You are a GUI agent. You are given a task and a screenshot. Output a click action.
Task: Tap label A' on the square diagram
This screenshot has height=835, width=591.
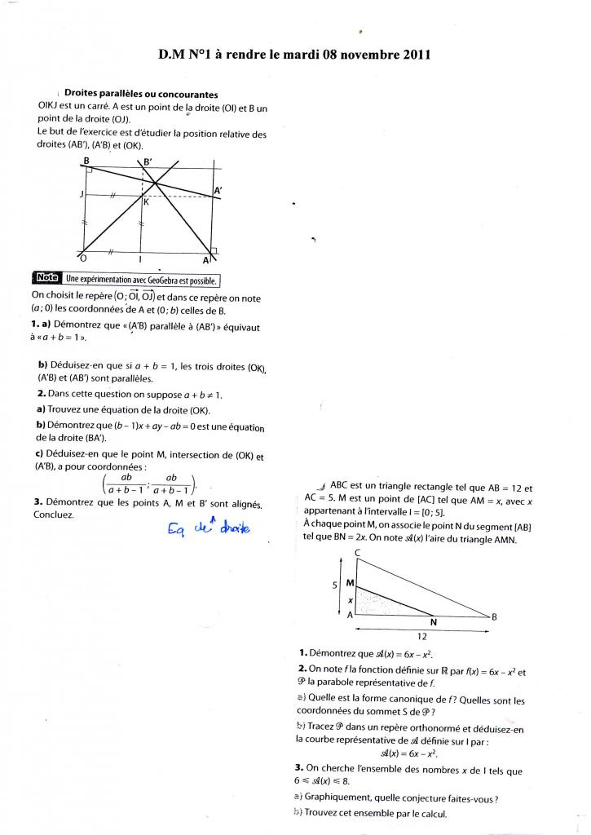pyautogui.click(x=218, y=191)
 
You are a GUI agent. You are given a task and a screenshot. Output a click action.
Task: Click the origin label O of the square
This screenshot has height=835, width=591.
pyautogui.click(x=85, y=258)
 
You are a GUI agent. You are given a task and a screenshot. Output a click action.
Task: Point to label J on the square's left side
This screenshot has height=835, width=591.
pyautogui.click(x=82, y=194)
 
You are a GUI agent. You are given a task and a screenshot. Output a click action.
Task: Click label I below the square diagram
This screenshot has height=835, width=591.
pyautogui.click(x=142, y=259)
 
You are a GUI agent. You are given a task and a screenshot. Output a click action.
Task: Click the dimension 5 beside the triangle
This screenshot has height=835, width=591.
pyautogui.click(x=334, y=585)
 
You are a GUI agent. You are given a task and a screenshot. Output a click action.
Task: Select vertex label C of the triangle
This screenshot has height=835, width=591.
pyautogui.click(x=358, y=554)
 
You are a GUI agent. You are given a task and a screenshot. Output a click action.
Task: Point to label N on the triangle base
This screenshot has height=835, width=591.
pyautogui.click(x=433, y=622)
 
